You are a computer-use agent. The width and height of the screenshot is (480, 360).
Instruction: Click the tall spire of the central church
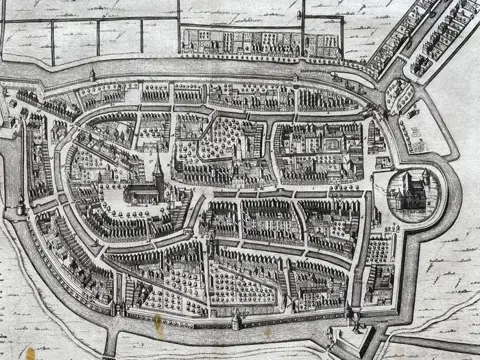point(158,165)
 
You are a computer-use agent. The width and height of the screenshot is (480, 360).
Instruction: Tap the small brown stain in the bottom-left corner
point(30,352)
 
